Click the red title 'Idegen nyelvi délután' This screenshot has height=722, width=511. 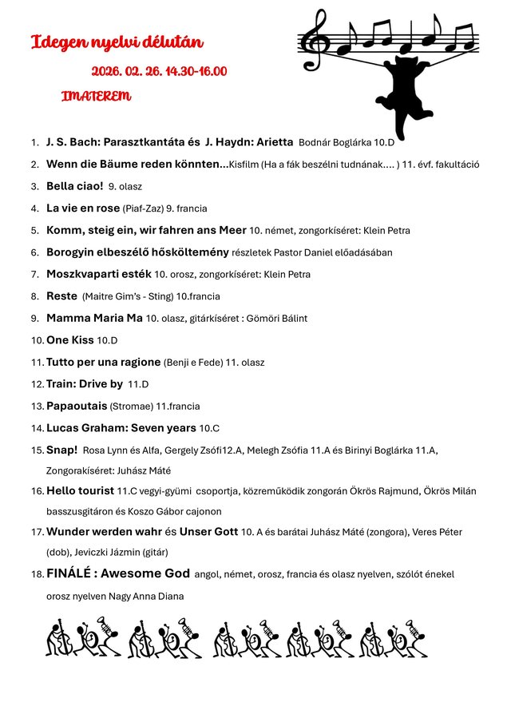(117, 42)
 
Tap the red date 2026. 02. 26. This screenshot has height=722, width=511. (126, 72)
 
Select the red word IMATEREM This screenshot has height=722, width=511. (96, 97)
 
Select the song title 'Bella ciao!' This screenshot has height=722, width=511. (74, 186)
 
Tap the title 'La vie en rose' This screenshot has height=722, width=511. (83, 208)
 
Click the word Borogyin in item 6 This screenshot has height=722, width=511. (69, 252)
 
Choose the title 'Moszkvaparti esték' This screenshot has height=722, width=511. (98, 274)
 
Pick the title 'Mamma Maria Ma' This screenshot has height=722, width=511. (94, 318)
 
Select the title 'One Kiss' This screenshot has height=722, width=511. (69, 340)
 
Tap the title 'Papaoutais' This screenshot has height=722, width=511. (77, 406)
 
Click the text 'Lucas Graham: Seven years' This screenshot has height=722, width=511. (121, 428)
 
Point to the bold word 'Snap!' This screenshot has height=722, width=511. (61, 450)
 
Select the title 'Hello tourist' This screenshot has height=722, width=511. (81, 490)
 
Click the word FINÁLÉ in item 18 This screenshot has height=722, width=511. (73, 573)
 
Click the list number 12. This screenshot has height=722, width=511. (37, 384)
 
